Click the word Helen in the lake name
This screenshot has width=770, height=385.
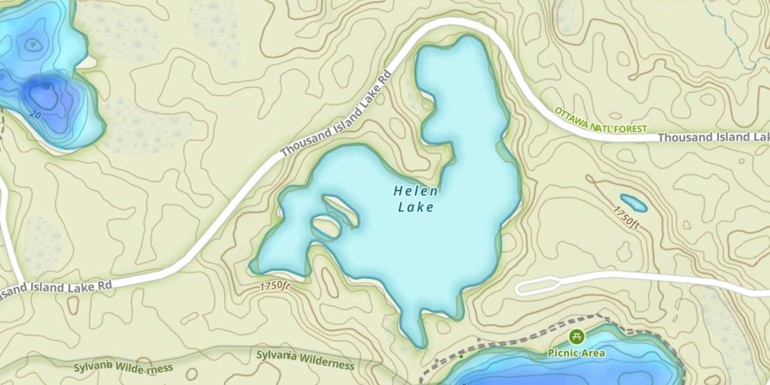(x=416, y=191)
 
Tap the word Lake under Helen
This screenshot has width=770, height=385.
(x=416, y=207)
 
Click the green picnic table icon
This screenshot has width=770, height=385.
(x=576, y=337)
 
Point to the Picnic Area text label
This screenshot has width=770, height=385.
(x=576, y=353)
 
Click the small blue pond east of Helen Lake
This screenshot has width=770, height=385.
(x=633, y=203)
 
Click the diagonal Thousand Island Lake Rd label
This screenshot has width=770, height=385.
(x=336, y=114)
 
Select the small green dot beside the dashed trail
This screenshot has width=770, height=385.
(x=461, y=356)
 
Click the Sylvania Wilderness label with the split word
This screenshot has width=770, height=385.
(x=123, y=367)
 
